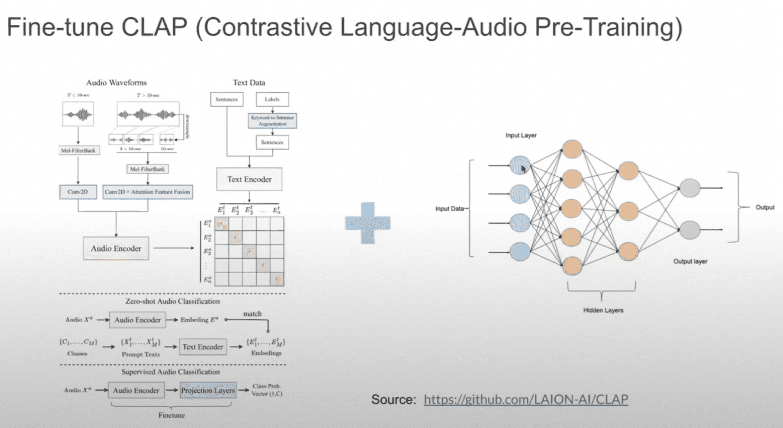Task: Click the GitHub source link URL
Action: tap(526, 399)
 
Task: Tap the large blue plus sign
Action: tap(368, 223)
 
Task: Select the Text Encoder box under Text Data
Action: tap(249, 179)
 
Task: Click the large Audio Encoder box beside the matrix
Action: tap(116, 249)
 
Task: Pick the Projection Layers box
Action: tap(208, 391)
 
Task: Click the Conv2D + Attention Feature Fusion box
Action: tap(147, 192)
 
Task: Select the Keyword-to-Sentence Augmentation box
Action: tap(272, 121)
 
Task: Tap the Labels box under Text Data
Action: tap(272, 99)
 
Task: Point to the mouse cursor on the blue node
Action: tap(523, 168)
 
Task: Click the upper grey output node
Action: tap(689, 188)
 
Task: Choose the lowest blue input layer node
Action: tap(519, 251)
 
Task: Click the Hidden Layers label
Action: tap(603, 310)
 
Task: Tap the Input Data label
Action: tap(450, 208)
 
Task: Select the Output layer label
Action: tap(690, 261)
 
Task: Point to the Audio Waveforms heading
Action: tap(116, 83)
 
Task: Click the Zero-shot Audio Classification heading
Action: tap(172, 302)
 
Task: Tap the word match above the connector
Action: tap(252, 314)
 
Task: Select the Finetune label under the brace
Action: tap(171, 415)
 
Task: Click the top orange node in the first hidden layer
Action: tap(572, 149)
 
